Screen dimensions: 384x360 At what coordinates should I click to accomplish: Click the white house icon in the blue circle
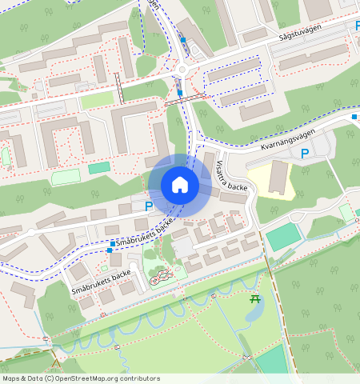tap(180, 185)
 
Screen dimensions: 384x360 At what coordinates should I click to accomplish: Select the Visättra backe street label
tap(232, 175)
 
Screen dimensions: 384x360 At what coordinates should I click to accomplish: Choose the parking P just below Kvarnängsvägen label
tap(304, 153)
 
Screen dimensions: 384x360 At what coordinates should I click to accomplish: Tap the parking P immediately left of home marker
tap(148, 206)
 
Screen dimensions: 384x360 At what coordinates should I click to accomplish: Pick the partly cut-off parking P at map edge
tap(357, 26)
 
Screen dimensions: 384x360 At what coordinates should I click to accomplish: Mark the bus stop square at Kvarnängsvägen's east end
tap(354, 117)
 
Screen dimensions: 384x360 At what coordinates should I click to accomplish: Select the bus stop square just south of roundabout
tap(179, 93)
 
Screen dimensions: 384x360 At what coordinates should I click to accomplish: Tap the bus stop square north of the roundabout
tap(183, 40)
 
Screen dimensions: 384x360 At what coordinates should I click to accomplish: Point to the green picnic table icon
tap(254, 299)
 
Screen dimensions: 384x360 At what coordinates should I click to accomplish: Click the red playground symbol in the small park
tap(160, 278)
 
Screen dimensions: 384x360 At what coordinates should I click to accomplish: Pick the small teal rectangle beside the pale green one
tap(99, 167)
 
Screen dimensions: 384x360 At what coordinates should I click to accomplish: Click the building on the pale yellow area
tap(277, 177)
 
